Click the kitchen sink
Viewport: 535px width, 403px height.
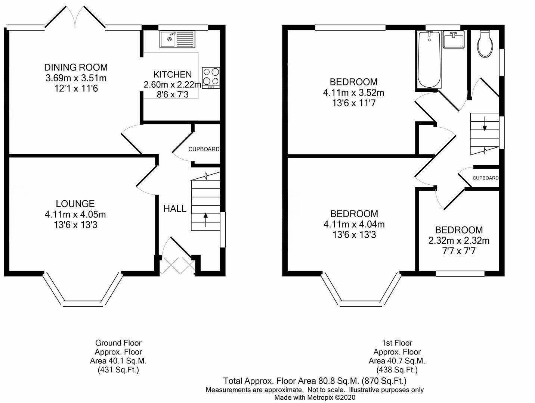pos(177,39)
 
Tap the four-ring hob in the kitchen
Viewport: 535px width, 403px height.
pos(211,78)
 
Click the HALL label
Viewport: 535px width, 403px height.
pos(175,209)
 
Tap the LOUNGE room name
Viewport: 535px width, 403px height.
pos(75,203)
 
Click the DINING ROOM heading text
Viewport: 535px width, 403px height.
pos(76,67)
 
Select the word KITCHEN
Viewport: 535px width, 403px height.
pos(172,74)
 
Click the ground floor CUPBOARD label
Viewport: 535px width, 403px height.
pos(204,149)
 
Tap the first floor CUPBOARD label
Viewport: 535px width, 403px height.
pos(486,178)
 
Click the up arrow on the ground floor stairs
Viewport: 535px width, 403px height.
pos(205,219)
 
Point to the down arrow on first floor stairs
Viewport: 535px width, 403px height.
pos(485,124)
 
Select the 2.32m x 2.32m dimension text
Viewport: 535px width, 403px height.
pos(459,240)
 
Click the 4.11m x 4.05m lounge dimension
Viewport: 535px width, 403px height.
pos(75,215)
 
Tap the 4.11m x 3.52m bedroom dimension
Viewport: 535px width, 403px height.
pos(353,93)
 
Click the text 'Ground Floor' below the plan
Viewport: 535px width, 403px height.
pos(118,343)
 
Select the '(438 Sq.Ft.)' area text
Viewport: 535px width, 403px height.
pos(397,370)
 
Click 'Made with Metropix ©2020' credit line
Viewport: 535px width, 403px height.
pos(315,398)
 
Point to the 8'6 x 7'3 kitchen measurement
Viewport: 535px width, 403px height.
pos(173,94)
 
